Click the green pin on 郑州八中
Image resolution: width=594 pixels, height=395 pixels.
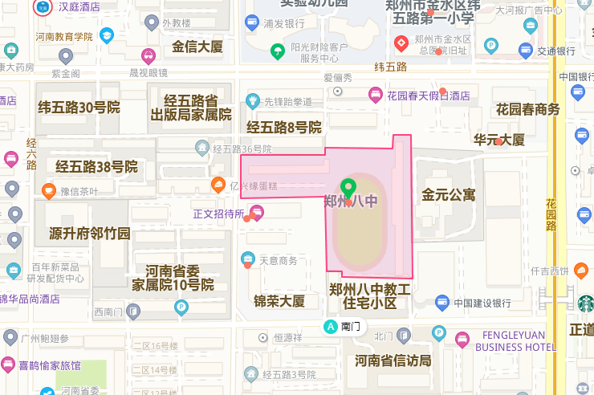pos(348,188)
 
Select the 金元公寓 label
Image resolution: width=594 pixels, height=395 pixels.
pos(449,194)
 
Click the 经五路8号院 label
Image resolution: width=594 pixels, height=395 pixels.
pos(283,128)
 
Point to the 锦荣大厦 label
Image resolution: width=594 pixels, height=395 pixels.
pos(279,301)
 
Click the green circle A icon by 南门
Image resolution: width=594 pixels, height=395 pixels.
pos(330,327)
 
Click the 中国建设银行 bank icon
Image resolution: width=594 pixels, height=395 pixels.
pos(442,303)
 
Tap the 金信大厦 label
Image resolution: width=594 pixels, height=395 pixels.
pos(197,47)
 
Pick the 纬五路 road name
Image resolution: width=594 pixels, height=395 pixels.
pos(391,67)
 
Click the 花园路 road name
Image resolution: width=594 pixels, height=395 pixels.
pos(551,214)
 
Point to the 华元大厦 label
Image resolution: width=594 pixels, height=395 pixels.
pos(498,140)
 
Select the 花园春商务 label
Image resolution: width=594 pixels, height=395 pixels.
pos(527,109)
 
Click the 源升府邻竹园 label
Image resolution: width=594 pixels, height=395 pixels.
pos(90,234)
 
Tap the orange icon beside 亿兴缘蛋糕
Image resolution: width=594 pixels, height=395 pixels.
pos(218,185)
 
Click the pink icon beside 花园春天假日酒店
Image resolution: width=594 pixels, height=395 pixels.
pos(375,95)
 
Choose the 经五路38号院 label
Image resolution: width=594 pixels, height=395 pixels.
pos(96,167)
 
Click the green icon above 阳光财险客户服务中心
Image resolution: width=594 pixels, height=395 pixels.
pos(277,52)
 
